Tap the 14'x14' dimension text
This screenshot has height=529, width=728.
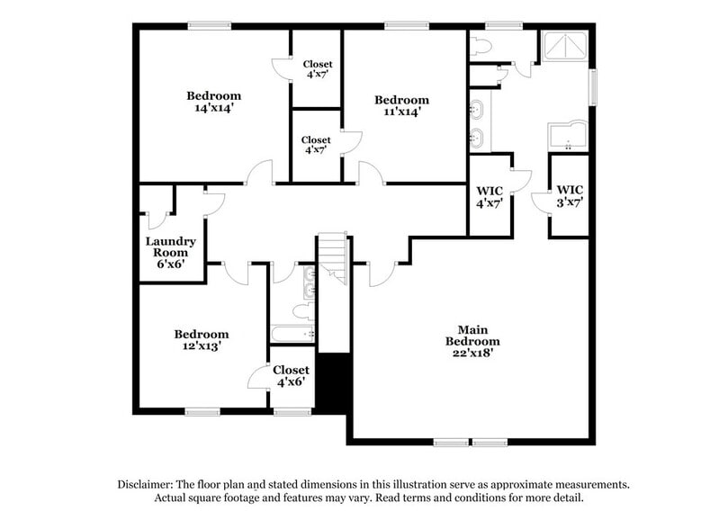tap(214, 109)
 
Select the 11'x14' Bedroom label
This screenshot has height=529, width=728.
tap(401, 105)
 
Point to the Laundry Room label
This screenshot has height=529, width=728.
tap(171, 253)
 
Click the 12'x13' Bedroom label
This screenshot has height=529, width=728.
tap(201, 339)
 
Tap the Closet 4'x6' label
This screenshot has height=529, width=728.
tap(291, 376)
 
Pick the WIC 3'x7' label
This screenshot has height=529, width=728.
tap(570, 196)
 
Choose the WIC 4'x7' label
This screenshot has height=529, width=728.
tap(489, 197)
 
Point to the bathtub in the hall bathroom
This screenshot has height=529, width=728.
tap(293, 335)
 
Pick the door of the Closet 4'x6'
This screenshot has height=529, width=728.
tap(260, 378)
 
